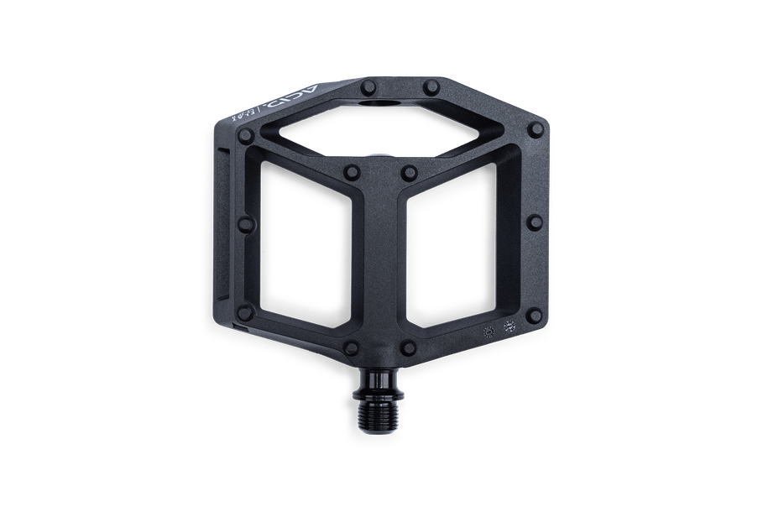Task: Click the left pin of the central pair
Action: click(352, 173)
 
